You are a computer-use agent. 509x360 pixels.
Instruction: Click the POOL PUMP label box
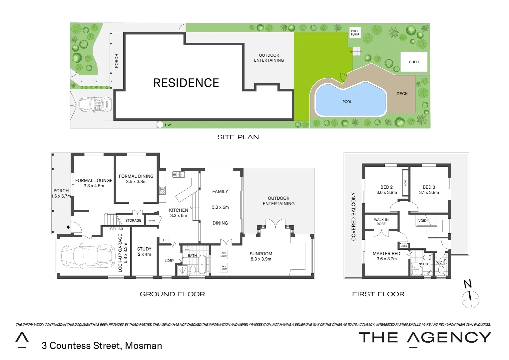click(355, 33)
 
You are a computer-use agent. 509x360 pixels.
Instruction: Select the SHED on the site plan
click(414, 62)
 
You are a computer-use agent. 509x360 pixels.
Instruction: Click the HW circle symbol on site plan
click(160, 125)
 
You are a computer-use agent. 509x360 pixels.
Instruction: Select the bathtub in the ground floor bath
click(202, 265)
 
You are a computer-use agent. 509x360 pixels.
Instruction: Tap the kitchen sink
click(179, 174)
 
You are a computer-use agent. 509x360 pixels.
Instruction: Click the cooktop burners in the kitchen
click(162, 190)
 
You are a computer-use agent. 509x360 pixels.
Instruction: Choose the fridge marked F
click(164, 240)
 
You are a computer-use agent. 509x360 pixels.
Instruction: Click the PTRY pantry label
click(152, 221)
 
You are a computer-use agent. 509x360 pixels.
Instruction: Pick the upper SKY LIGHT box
click(224, 255)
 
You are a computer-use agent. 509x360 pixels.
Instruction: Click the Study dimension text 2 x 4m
click(144, 254)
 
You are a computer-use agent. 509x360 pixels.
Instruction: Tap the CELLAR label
click(117, 229)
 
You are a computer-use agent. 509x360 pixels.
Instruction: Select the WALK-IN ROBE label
click(381, 222)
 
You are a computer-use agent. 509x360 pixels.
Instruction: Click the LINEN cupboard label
click(404, 246)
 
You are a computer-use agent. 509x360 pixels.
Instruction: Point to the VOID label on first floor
click(422, 221)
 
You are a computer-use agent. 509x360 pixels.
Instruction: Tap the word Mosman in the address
click(144, 346)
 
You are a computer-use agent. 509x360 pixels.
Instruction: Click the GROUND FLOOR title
click(172, 294)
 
